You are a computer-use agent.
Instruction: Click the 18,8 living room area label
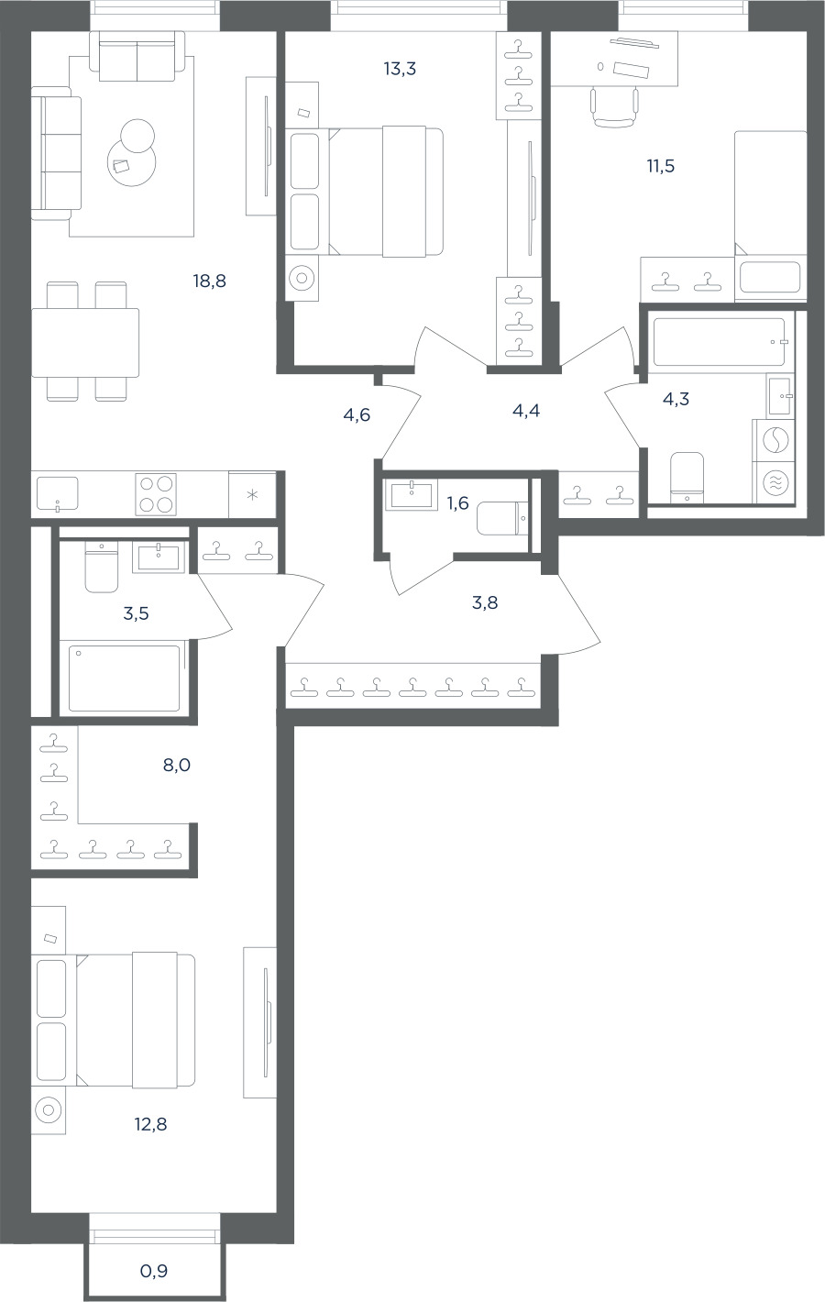coord(209,281)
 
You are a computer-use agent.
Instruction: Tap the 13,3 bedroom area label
coord(400,69)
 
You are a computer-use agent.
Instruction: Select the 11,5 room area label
coord(661,166)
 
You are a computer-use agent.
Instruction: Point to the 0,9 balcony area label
coord(154,1271)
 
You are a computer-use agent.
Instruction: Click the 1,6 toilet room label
coord(457,502)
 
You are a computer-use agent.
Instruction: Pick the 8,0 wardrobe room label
coord(177,765)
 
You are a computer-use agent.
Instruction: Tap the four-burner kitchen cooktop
coord(156,494)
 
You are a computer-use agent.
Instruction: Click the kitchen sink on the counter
coord(57,493)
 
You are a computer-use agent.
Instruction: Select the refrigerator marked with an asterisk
coord(252,494)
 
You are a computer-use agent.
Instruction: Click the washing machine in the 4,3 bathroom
coord(775,440)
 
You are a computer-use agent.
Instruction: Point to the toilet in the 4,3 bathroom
coord(687,478)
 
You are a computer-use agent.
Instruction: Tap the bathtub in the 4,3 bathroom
coord(720,342)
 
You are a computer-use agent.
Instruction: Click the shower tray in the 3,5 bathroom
coord(124,678)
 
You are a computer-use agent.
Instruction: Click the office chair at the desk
coord(615,105)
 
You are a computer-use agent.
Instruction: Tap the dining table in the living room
coord(85,342)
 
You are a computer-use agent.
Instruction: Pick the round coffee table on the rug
coord(132,162)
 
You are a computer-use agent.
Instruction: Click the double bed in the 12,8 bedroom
coord(136,1020)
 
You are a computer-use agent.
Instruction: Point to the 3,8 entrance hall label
coord(485,602)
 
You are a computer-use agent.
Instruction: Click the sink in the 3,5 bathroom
coord(159,557)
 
